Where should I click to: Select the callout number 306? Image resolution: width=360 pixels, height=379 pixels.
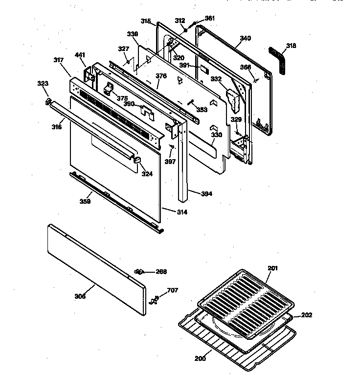80,296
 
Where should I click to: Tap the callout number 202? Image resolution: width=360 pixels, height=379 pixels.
306,315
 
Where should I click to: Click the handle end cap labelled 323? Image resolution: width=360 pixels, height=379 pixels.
48,101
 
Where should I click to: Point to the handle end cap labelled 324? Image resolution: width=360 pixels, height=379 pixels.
137,160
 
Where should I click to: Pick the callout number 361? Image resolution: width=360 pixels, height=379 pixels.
209,18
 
